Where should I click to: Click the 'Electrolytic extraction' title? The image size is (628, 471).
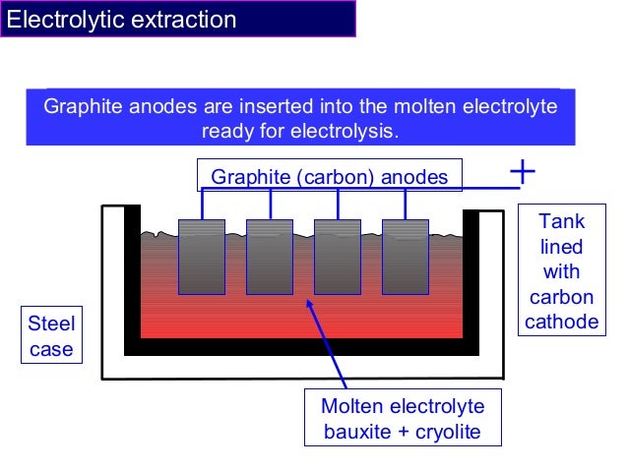tap(123, 20)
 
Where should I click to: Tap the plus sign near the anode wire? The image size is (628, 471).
tap(523, 172)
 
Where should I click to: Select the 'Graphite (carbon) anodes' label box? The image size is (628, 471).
tap(330, 176)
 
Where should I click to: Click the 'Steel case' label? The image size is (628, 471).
tap(50, 336)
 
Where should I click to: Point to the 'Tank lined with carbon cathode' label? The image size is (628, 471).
tap(562, 271)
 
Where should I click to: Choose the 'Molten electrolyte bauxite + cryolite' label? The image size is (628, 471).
tap(403, 418)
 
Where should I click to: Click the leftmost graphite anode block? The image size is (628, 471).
tap(201, 257)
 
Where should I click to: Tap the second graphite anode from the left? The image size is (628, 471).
tap(269, 257)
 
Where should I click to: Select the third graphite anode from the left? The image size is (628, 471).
tap(338, 257)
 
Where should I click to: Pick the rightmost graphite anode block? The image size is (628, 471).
tap(406, 257)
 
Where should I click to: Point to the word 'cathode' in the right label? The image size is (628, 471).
tap(562, 322)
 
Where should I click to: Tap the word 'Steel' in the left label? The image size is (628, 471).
tap(50, 324)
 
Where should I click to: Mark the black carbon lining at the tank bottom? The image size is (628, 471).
tap(300, 346)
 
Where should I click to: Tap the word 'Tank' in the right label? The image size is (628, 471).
tap(562, 222)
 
